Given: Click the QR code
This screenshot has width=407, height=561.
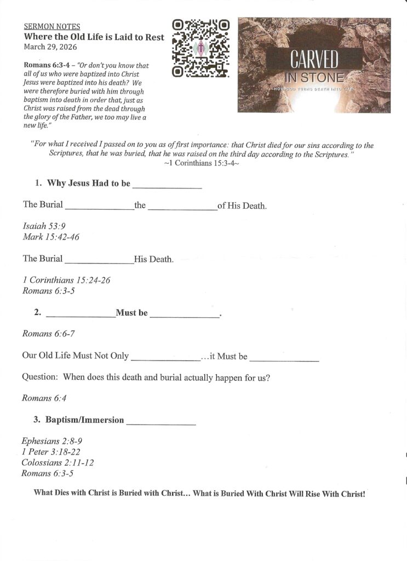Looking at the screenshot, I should [x=200, y=49].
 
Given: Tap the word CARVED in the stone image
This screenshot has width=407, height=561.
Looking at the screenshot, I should [x=314, y=59].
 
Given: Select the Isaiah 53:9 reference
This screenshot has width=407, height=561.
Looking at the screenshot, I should [x=44, y=226].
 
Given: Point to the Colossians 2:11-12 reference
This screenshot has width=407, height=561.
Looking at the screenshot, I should [x=58, y=462].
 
